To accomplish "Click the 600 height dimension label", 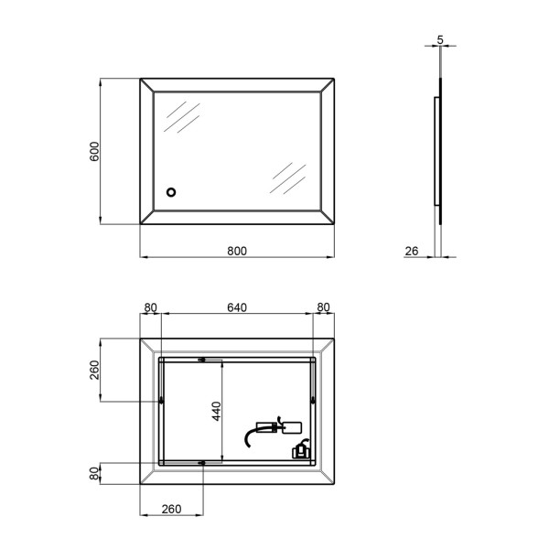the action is click(x=95, y=151).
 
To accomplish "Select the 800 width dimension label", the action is click(x=237, y=251).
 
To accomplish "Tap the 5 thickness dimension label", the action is click(x=440, y=40).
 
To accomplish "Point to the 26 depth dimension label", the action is click(x=412, y=251).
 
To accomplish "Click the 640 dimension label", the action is click(x=237, y=307).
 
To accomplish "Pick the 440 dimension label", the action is click(x=217, y=411).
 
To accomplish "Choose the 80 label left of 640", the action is click(x=151, y=307).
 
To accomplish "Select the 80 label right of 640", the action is click(x=323, y=307).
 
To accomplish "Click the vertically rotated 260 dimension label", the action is click(x=95, y=370).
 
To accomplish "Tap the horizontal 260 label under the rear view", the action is click(x=172, y=509).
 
